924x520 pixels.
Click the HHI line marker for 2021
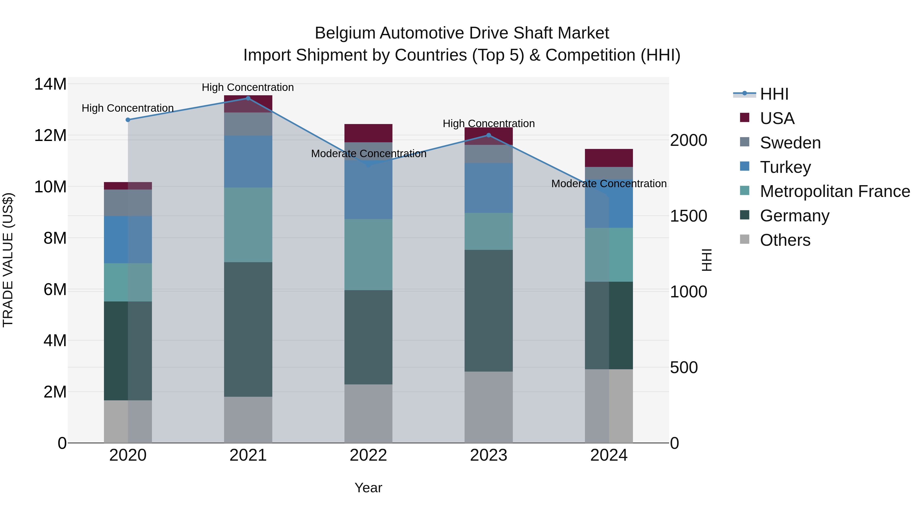(248, 98)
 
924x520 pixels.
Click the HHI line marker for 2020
(128, 120)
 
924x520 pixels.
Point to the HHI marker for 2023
(488, 135)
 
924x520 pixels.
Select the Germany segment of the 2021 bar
(248, 329)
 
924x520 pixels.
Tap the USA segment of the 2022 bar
(368, 133)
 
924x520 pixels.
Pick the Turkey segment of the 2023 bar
(488, 188)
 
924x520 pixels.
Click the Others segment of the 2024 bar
(609, 406)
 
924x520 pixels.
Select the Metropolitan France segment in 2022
(368, 254)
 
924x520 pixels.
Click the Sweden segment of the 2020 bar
(128, 203)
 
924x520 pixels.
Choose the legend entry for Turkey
(785, 167)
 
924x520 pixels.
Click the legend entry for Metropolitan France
(834, 192)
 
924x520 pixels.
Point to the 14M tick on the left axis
(50, 84)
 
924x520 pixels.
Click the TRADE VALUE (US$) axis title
(8, 260)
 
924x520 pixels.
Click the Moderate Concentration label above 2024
(609, 184)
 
